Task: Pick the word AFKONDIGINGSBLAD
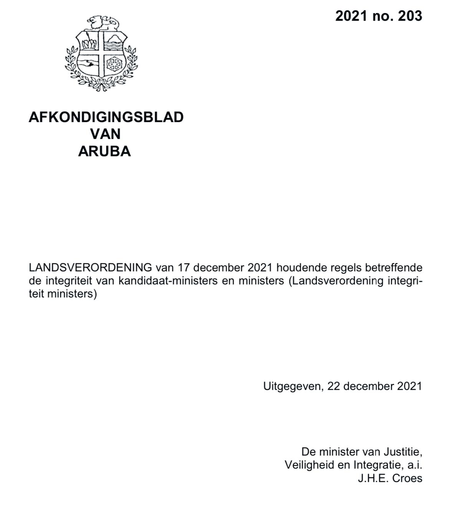(x=106, y=117)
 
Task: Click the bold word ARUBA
(x=104, y=152)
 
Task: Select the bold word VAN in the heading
(x=105, y=134)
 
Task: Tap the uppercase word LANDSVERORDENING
(x=90, y=267)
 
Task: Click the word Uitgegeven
(x=292, y=386)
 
